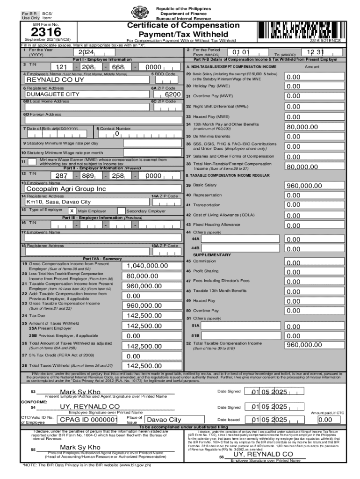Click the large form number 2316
click(46, 32)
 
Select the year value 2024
click(88, 52)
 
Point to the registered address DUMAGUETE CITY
click(53, 94)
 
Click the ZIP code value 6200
click(173, 94)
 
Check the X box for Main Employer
click(72, 211)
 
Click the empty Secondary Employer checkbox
click(121, 211)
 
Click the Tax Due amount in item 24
click(144, 316)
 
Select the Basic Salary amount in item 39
click(304, 186)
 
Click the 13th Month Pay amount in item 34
click(304, 126)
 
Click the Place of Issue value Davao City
click(164, 420)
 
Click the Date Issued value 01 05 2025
click(269, 419)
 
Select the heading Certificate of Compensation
click(184, 25)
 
